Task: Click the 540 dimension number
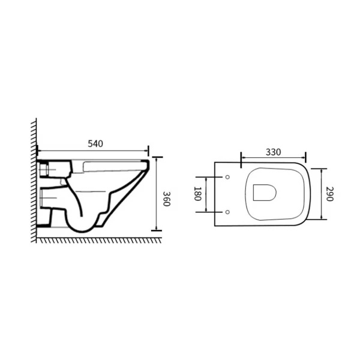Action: [95, 144]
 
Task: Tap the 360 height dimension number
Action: [166, 199]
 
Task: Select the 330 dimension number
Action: [273, 152]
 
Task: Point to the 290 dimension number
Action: [329, 194]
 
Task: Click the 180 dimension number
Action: [197, 194]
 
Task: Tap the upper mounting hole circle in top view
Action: [227, 177]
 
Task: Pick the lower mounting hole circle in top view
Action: [227, 212]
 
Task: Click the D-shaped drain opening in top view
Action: [265, 193]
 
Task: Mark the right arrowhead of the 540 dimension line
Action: [146, 151]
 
